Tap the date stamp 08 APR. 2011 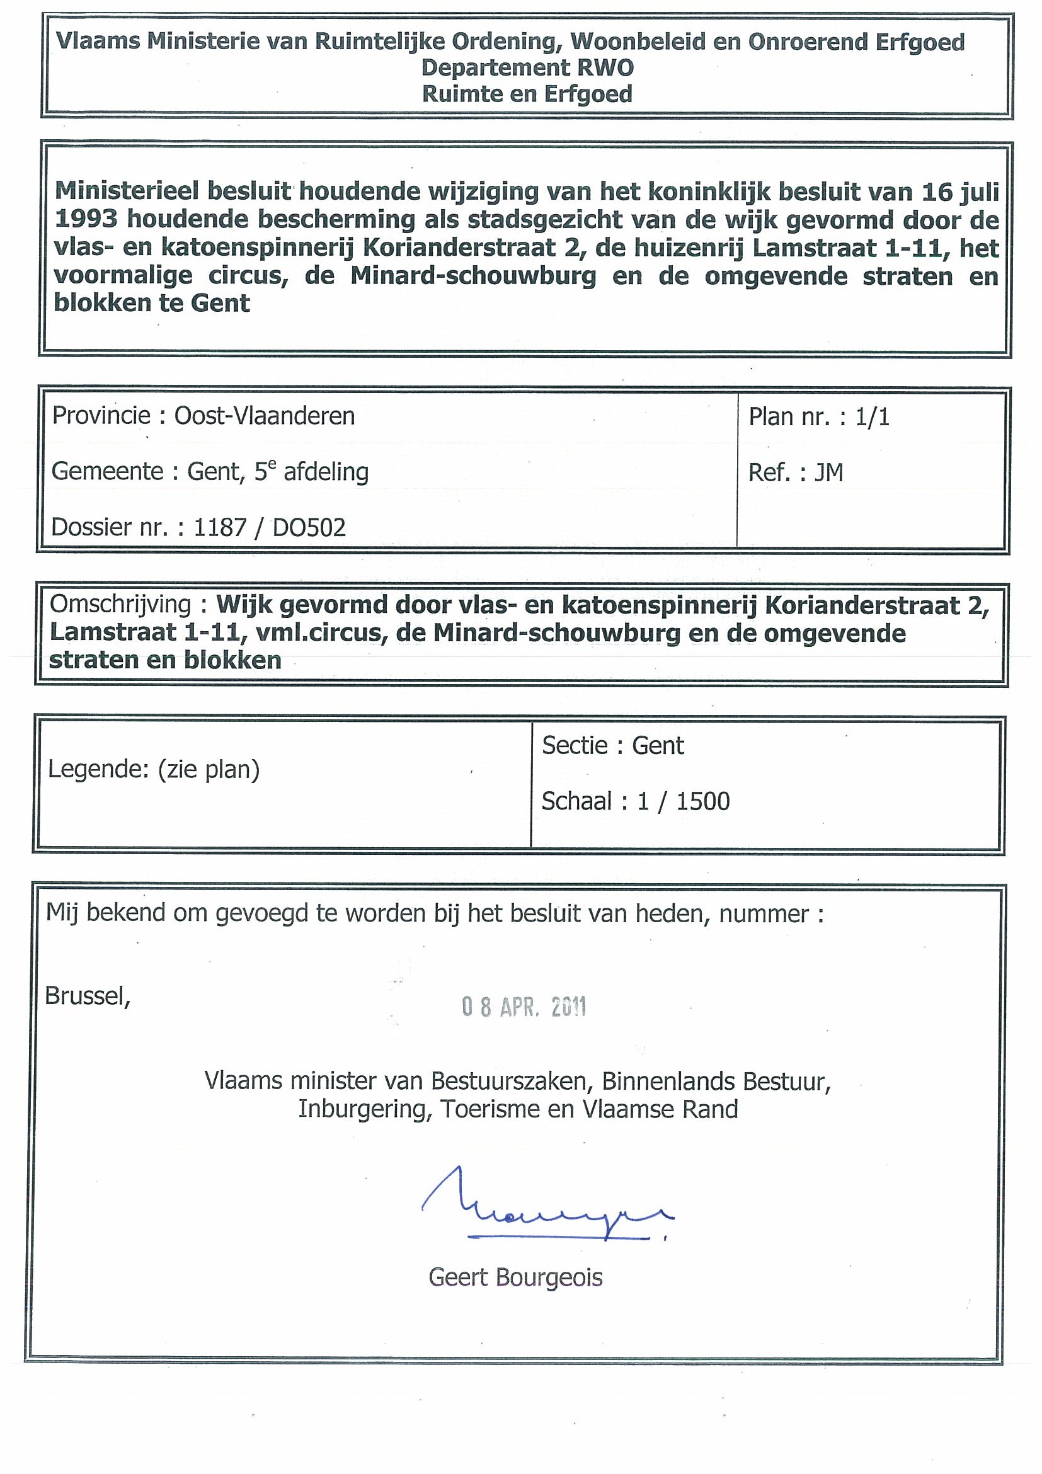524,1007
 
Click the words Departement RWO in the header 527,67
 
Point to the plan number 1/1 872,417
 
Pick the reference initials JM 828,472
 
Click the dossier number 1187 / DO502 269,528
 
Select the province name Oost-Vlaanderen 265,416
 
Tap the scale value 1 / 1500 683,801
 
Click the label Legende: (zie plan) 154,769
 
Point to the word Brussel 88,996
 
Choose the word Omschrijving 121,605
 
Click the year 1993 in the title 86,220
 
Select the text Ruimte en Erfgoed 527,94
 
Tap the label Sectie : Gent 613,745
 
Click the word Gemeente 106,472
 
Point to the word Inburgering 364,1109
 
